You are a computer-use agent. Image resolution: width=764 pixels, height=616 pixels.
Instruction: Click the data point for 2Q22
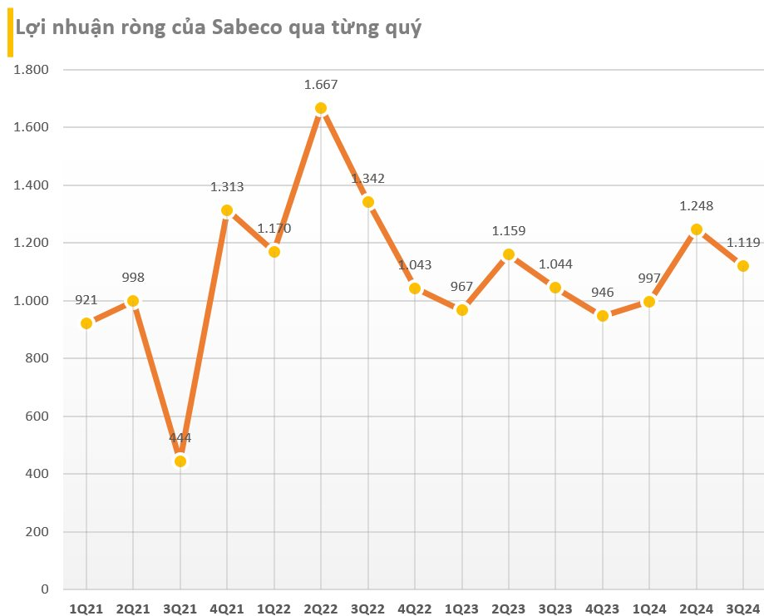pyautogui.click(x=321, y=108)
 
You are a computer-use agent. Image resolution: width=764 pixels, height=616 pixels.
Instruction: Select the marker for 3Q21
pyautogui.click(x=180, y=461)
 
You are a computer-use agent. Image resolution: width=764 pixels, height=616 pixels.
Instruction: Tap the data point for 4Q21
pyautogui.click(x=227, y=210)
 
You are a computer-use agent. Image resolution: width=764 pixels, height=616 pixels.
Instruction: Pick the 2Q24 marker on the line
pyautogui.click(x=697, y=229)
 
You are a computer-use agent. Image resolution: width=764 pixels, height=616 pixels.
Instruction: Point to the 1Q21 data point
pyautogui.click(x=86, y=323)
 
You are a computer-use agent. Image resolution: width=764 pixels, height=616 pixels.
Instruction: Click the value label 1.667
pyautogui.click(x=321, y=85)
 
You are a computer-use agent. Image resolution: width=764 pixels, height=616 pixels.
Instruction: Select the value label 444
pyautogui.click(x=180, y=438)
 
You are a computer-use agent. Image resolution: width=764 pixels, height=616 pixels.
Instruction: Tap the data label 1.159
pyautogui.click(x=508, y=231)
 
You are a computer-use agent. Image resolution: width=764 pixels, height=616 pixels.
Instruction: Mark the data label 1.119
pyautogui.click(x=743, y=243)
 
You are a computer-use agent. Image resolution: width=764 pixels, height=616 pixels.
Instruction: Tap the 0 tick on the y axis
pyautogui.click(x=46, y=589)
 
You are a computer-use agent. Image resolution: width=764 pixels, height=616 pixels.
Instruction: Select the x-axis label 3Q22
pyautogui.click(x=367, y=608)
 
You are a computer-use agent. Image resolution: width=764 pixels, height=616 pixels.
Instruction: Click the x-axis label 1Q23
pyautogui.click(x=461, y=608)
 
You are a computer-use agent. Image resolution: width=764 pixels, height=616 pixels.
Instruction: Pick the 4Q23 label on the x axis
pyautogui.click(x=602, y=608)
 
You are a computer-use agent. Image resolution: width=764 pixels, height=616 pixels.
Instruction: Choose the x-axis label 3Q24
pyautogui.click(x=743, y=608)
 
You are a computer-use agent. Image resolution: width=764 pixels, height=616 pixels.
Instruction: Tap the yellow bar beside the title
pyautogui.click(x=10, y=35)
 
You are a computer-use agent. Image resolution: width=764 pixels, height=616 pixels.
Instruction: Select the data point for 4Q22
pyautogui.click(x=415, y=288)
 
